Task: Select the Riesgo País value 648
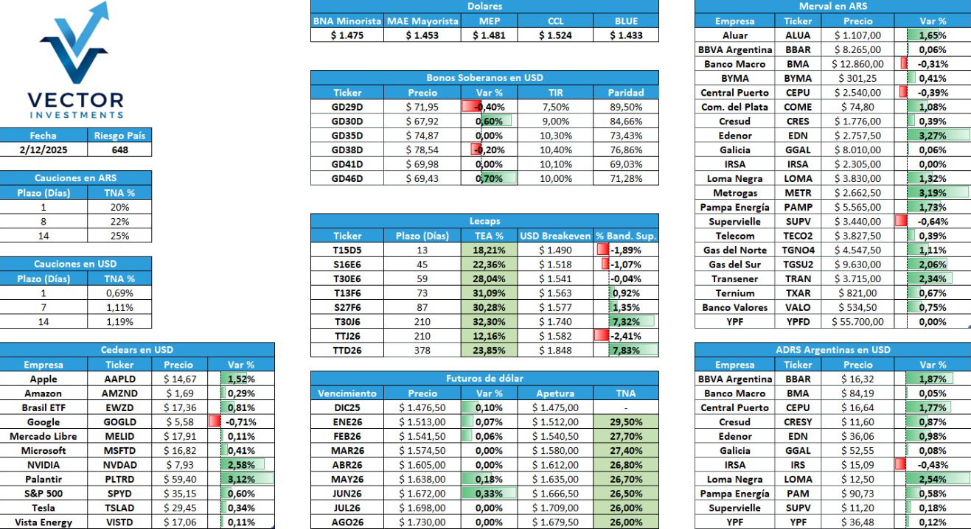(120, 150)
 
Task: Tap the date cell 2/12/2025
(43, 150)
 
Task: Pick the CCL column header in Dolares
(555, 21)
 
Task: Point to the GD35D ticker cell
(347, 136)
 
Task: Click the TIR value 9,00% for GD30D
(555, 121)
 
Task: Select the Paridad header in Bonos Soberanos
(626, 93)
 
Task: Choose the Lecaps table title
(484, 221)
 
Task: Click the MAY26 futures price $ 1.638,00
(422, 480)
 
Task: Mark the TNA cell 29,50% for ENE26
(626, 422)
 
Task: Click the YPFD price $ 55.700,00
(857, 322)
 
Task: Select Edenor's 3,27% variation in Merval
(933, 136)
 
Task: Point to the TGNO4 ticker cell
(798, 251)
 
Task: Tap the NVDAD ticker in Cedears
(120, 465)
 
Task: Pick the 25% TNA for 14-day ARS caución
(120, 236)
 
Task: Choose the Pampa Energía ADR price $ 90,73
(857, 494)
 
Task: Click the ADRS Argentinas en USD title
(832, 350)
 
